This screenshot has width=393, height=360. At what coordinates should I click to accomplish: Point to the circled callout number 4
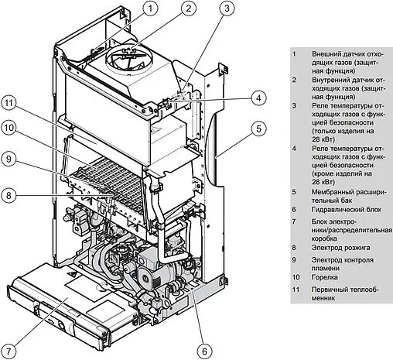[x=258, y=98]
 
